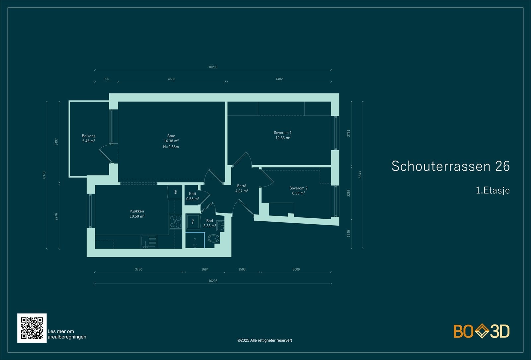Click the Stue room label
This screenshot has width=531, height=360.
coord(171,136)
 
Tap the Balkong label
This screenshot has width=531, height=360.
coord(89,136)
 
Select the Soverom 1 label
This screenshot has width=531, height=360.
coord(282,133)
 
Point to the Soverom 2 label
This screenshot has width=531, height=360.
coord(298,188)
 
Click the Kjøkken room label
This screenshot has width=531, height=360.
coord(137,211)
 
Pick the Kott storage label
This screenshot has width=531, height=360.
coord(192,194)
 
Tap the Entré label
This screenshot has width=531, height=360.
coord(242,186)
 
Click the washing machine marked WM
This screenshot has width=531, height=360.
coord(193,221)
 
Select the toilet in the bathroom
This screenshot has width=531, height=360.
coord(213,238)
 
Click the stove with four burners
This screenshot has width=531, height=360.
coord(176,222)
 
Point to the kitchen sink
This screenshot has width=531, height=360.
coord(149,241)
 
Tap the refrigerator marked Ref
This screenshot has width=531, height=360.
coord(175,192)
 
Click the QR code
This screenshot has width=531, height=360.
coord(32,328)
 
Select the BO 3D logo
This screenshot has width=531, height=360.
coord(482,331)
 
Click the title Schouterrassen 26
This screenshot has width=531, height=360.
coord(450,166)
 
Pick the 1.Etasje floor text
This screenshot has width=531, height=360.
coord(493,190)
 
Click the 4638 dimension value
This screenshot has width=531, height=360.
coord(171,79)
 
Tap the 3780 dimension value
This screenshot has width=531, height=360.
coord(138,269)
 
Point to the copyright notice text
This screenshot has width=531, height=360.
coord(265,340)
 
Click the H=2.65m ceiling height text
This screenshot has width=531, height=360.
coord(171,147)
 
